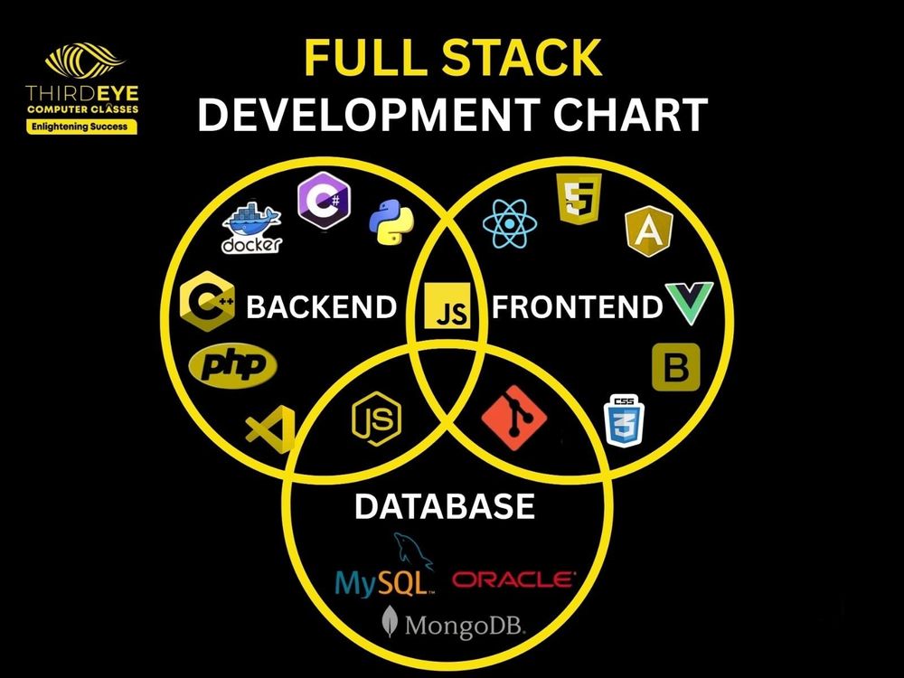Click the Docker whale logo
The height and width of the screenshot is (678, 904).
[x=252, y=228]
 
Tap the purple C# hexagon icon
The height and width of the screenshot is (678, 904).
[x=324, y=200]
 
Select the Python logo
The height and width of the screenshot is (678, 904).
[x=391, y=221]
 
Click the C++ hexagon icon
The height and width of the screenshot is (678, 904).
[x=207, y=301]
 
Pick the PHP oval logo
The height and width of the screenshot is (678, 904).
[x=233, y=365]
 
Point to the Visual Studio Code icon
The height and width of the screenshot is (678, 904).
[x=270, y=429]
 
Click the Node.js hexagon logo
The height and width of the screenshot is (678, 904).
[x=376, y=419]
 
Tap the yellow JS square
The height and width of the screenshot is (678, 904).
[x=447, y=306]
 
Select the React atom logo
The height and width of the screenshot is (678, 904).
[x=510, y=223]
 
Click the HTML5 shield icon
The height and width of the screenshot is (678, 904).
[x=579, y=199]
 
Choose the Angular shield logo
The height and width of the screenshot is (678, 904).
[x=649, y=231]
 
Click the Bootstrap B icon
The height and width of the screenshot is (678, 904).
[x=676, y=367]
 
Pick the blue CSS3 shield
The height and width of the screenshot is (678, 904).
[x=624, y=421]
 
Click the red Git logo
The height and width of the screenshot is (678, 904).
[x=513, y=418]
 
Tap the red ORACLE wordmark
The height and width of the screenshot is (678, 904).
[x=513, y=579]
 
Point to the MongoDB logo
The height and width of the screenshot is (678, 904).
[x=454, y=623]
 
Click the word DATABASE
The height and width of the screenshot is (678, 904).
[x=445, y=506]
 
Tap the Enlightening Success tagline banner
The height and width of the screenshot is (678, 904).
[x=81, y=127]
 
